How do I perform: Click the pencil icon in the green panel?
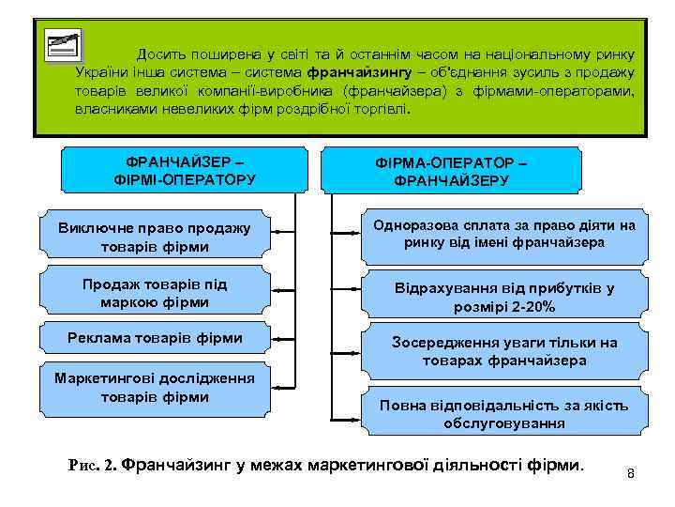[63, 45]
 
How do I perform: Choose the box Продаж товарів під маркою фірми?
[155, 293]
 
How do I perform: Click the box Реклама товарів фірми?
[155, 338]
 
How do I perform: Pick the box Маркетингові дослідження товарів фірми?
[155, 387]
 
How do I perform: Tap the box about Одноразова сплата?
[503, 234]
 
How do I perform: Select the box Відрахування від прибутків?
[503, 297]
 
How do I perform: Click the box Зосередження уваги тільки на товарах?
[503, 351]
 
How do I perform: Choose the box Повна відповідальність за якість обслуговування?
[503, 413]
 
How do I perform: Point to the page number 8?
[631, 472]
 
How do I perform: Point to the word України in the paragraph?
[100, 72]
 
